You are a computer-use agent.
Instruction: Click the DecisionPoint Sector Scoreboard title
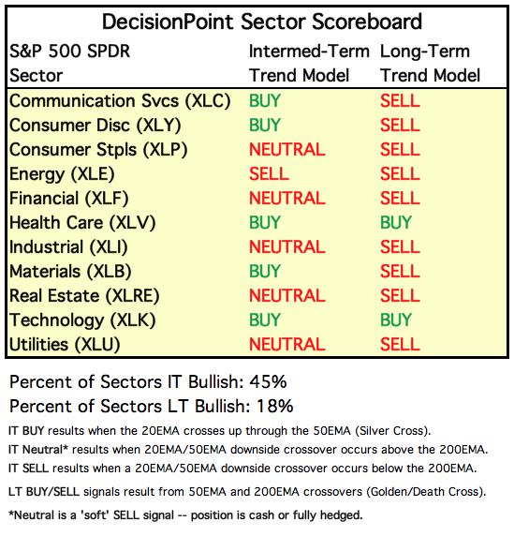[x=262, y=22]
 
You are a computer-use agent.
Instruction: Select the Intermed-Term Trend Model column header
[x=309, y=63]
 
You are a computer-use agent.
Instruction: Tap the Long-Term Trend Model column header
[x=431, y=63]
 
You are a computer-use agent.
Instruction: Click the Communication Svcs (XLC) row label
[x=120, y=101]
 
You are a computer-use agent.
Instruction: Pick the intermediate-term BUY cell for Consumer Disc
[x=265, y=126]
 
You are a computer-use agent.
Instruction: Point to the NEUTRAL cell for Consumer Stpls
[x=286, y=150]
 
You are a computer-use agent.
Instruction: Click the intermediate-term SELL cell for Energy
[x=269, y=174]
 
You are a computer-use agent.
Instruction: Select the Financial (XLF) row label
[x=68, y=199]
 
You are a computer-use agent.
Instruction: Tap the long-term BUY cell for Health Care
[x=396, y=222]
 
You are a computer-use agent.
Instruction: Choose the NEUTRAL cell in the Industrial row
[x=286, y=247]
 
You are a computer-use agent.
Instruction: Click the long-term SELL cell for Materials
[x=400, y=272]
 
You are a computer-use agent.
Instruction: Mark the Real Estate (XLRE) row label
[x=84, y=296]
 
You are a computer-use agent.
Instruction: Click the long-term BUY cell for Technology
[x=396, y=320]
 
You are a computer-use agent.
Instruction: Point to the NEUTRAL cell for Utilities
[x=286, y=345]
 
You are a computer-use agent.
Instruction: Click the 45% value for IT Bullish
[x=268, y=381]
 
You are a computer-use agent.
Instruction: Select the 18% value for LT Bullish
[x=274, y=407]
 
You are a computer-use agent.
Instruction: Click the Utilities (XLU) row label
[x=65, y=345]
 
